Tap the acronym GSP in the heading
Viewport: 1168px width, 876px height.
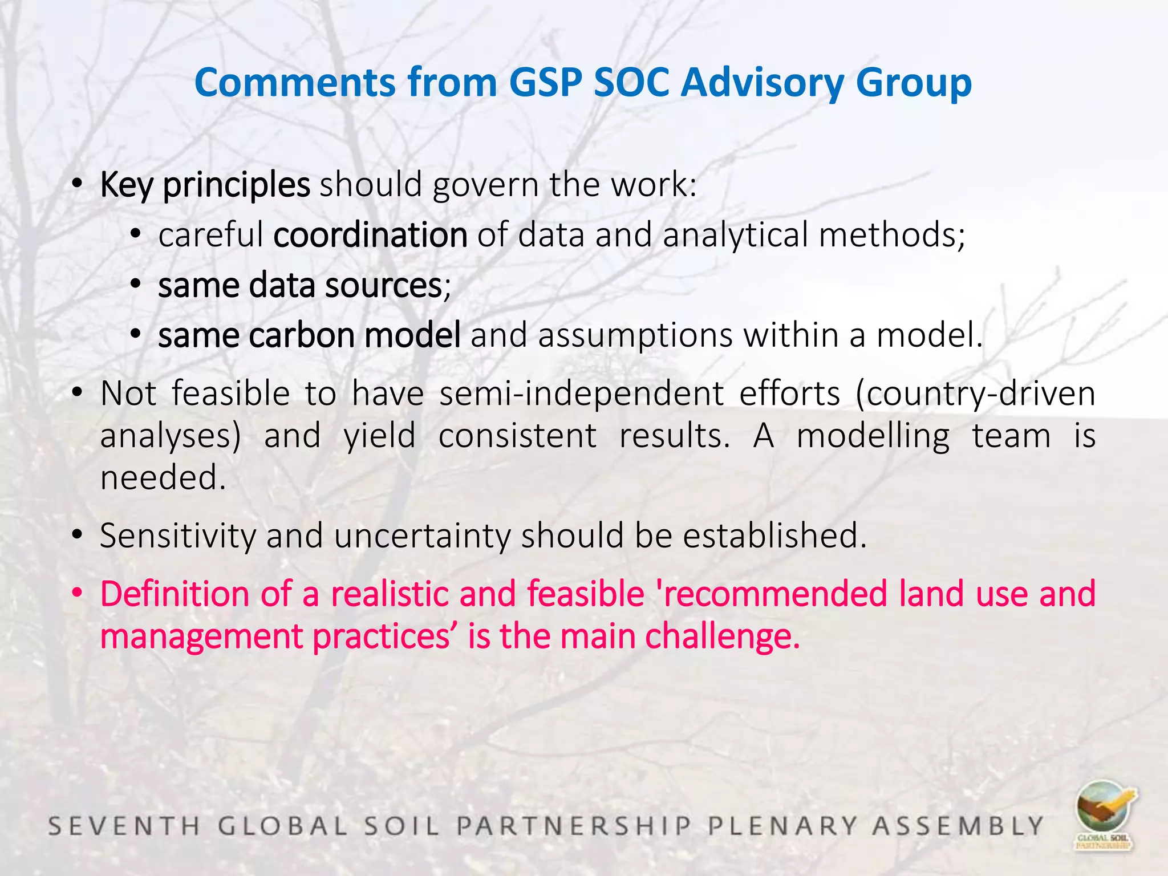[545, 83]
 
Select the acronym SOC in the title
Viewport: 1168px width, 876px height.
[631, 83]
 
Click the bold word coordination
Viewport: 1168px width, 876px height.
[370, 235]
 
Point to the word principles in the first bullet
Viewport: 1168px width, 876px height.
[236, 185]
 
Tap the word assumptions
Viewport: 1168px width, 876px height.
[635, 335]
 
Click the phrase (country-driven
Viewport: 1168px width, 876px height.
[975, 394]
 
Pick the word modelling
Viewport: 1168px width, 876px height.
[873, 436]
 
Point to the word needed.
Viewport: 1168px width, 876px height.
[163, 477]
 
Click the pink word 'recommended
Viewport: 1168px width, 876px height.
[772, 594]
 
